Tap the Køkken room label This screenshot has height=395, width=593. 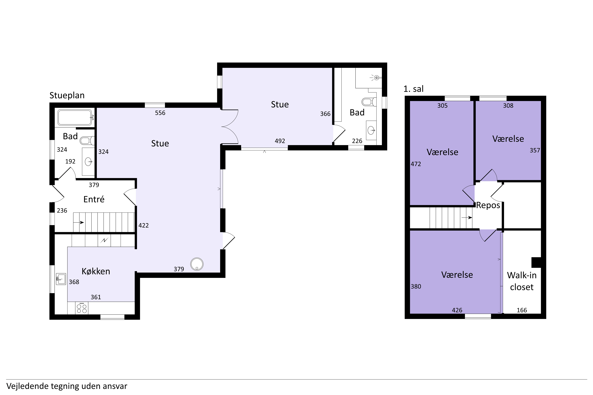pos(96,271)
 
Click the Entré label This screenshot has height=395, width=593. pos(94,199)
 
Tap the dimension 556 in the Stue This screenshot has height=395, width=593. pos(160,113)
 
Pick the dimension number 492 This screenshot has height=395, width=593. pos(280,141)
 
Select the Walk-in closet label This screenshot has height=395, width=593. pos(522,281)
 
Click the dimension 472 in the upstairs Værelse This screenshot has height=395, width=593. pos(416,164)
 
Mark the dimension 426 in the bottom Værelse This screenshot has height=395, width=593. pos(457,310)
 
